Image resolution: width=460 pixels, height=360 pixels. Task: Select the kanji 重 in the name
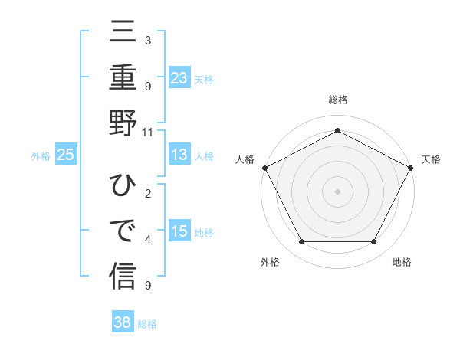pos(123,78)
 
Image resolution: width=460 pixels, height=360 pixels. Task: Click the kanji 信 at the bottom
pos(123,274)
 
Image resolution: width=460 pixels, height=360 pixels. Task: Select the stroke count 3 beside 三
pos(147,41)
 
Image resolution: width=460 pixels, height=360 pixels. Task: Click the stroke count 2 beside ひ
pos(147,195)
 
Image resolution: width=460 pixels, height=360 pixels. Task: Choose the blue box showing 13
pos(179,155)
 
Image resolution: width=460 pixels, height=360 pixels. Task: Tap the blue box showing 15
pos(179,231)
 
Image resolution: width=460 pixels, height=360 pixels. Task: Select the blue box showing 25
pos(66,155)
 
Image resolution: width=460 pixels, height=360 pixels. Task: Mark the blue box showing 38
pos(123,322)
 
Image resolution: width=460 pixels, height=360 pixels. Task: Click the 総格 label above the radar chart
pos(337,100)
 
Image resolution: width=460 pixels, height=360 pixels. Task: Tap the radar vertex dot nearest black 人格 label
pos(264,167)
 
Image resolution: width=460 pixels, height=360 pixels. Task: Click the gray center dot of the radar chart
pos(337,191)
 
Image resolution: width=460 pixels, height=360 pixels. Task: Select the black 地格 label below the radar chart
pos(402,262)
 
